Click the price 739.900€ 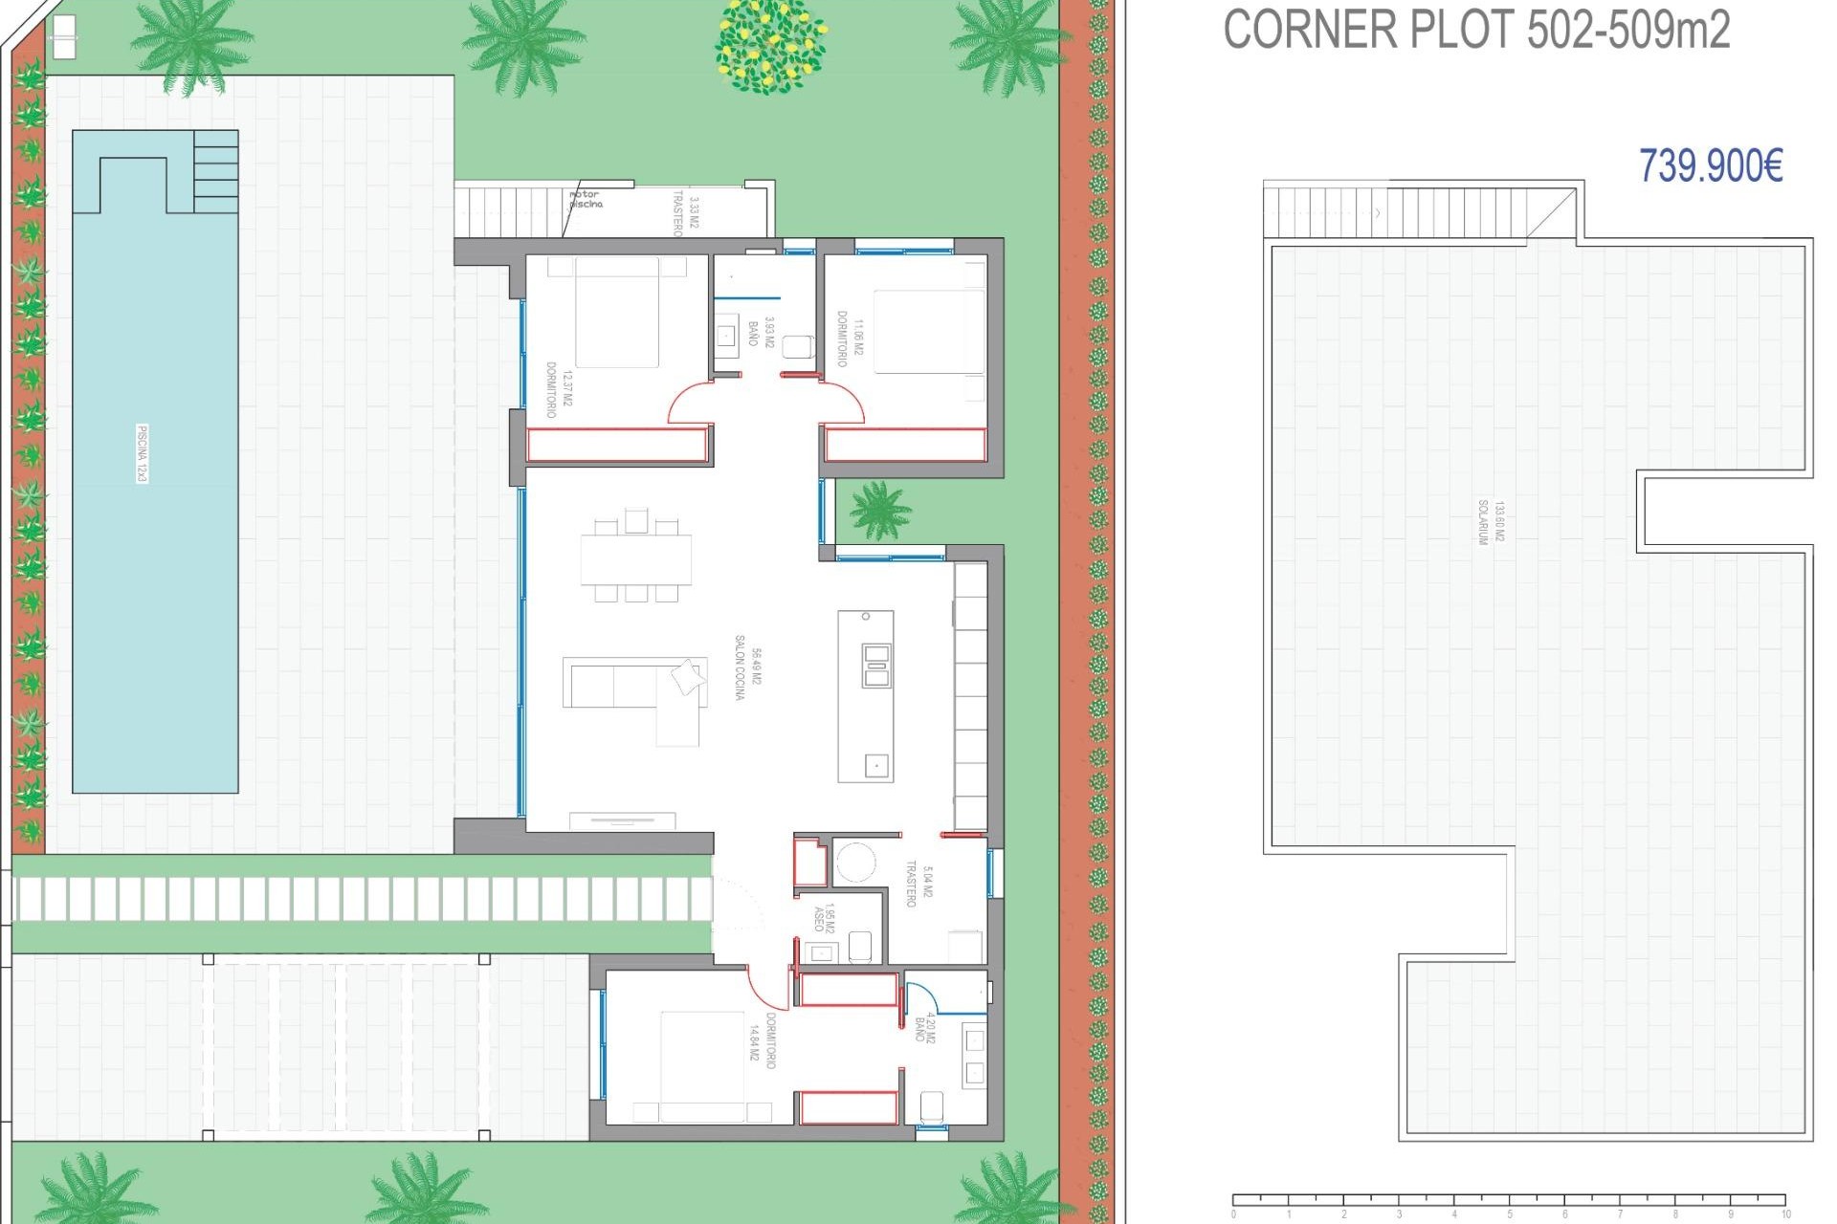coord(1711,165)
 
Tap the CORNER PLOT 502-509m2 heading coord(1476,30)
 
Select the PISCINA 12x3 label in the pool coord(143,453)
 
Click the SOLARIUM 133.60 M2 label coord(1491,521)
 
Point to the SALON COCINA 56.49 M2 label coord(748,667)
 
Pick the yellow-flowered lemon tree coord(770,45)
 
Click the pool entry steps coord(215,172)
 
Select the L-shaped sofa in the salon coord(636,692)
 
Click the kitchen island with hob coord(866,696)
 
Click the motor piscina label coord(586,199)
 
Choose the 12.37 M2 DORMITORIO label coord(559,389)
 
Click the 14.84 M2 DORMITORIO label coord(763,1040)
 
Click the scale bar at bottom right coord(1509,1200)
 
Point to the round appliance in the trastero coord(854,863)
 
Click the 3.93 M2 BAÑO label coord(762,332)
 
